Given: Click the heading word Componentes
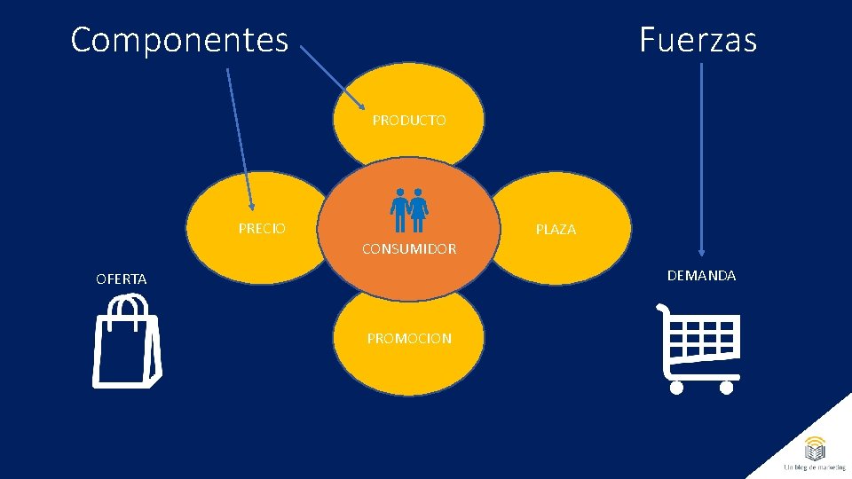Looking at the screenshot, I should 179,40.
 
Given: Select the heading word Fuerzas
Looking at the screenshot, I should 698,40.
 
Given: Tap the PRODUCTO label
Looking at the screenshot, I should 409,120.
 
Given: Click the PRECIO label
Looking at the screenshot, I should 262,229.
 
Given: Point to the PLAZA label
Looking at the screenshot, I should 556,229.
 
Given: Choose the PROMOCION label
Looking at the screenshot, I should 409,338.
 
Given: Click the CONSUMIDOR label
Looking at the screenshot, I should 409,249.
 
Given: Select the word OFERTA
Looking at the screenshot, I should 122,279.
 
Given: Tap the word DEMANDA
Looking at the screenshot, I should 701,276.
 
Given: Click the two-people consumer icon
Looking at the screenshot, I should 409,210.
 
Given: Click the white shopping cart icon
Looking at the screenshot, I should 699,348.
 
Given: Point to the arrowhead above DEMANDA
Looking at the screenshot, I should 701,251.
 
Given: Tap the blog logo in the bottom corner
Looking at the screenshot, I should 815,447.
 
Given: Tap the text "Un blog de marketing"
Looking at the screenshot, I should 815,467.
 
